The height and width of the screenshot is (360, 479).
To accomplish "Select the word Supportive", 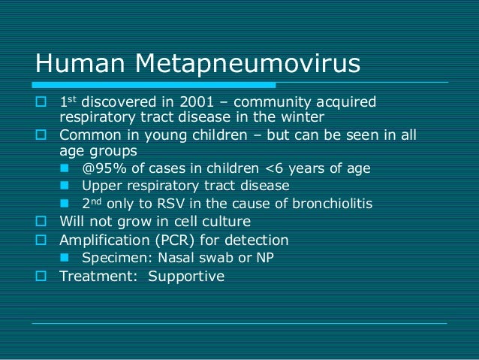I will point(186,277).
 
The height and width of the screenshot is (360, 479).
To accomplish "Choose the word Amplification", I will point(98,241).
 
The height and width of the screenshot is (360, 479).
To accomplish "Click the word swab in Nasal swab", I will point(205,259).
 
